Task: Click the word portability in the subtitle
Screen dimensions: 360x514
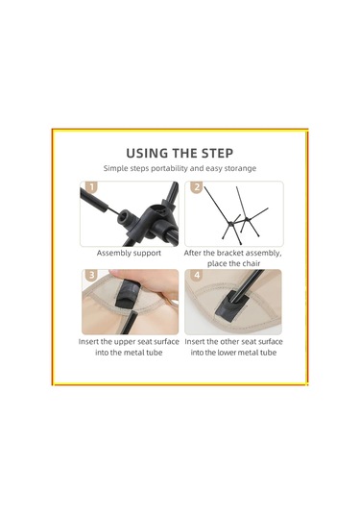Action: (169, 168)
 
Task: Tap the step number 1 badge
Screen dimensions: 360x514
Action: (91, 187)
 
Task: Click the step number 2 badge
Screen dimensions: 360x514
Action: (196, 187)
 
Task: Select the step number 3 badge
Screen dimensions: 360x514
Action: (91, 275)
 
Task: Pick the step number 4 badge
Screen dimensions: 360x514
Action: (197, 275)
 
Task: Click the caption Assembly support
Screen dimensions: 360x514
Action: (129, 253)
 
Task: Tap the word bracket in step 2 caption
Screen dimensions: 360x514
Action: (230, 253)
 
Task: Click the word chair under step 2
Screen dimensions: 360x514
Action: (252, 263)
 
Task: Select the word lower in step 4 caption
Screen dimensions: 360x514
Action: (226, 353)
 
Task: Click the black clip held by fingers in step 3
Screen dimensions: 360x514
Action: (125, 295)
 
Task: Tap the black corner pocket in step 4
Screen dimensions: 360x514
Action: (231, 306)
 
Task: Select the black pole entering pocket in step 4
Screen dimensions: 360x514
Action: (247, 284)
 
